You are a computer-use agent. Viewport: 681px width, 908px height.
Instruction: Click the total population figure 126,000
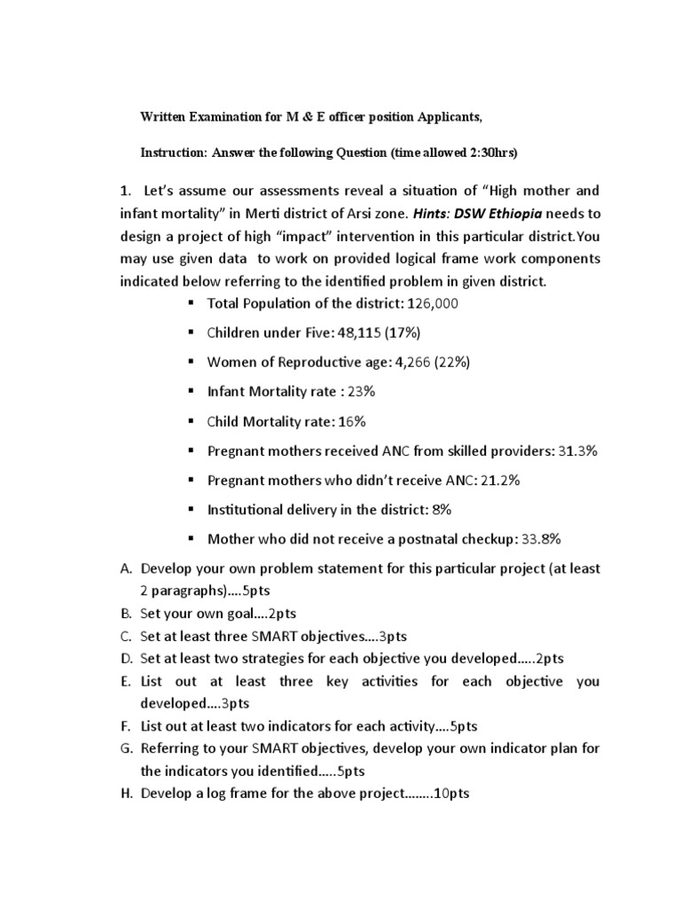pos(433,303)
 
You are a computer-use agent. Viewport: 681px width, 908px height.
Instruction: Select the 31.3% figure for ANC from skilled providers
pos(578,450)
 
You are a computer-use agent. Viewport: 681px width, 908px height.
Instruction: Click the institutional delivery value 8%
pos(438,509)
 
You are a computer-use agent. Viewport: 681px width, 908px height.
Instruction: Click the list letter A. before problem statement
pos(125,567)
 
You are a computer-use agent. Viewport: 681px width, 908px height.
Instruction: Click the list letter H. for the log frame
pos(125,794)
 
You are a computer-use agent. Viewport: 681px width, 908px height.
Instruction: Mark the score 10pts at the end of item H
pos(450,794)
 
